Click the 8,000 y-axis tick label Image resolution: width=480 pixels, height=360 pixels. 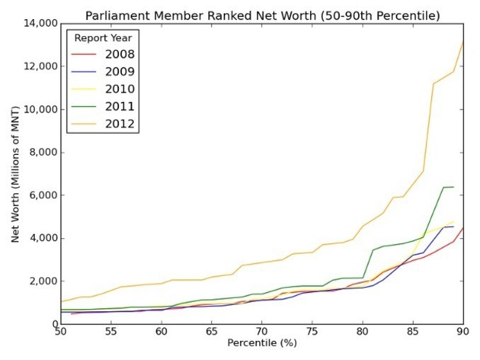pos(43,152)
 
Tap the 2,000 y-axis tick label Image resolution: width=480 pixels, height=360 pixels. pos(43,281)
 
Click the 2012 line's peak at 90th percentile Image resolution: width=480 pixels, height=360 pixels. pos(463,42)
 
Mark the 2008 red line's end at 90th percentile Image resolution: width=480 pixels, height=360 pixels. pos(463,228)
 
